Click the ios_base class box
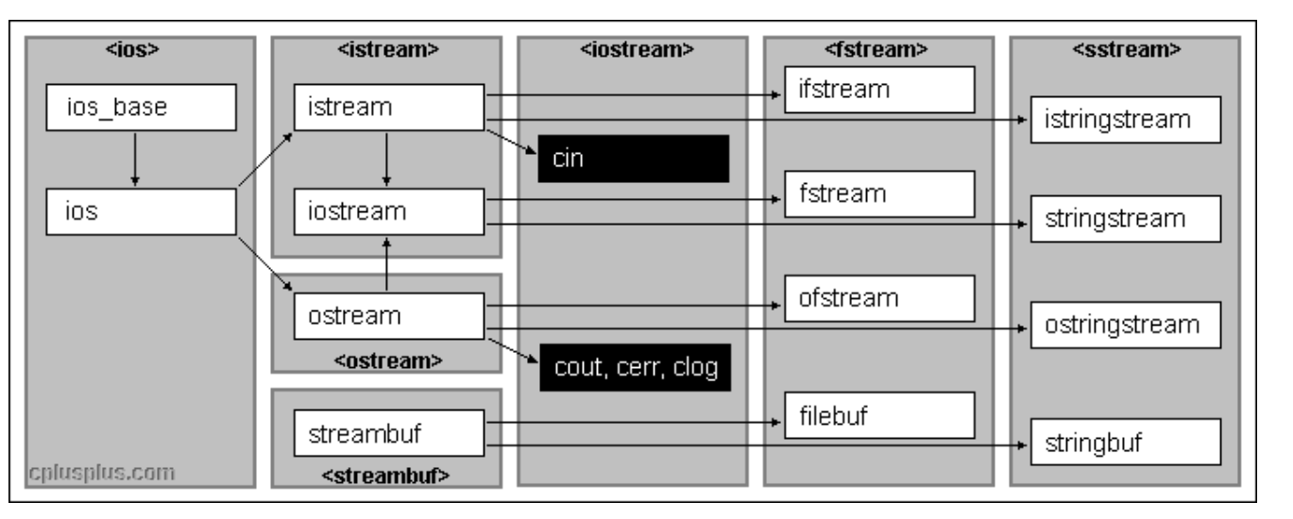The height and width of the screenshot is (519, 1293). pyautogui.click(x=142, y=108)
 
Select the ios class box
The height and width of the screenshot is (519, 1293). pyautogui.click(x=142, y=211)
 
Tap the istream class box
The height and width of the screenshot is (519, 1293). pyautogui.click(x=389, y=108)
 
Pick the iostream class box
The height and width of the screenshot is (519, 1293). pyautogui.click(x=389, y=211)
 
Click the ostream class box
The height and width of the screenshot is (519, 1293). pyautogui.click(x=389, y=316)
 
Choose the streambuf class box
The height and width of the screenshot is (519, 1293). pyautogui.click(x=389, y=433)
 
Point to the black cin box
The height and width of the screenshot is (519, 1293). pyautogui.click(x=633, y=159)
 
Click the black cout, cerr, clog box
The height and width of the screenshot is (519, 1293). pyautogui.click(x=635, y=367)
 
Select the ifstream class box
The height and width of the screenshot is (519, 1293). pyautogui.click(x=879, y=90)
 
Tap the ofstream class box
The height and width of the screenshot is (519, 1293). pyautogui.click(x=879, y=298)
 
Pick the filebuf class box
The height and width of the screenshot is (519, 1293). pyautogui.click(x=879, y=415)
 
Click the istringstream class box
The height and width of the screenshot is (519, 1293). pyautogui.click(x=1126, y=119)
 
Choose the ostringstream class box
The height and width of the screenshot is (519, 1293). pyautogui.click(x=1126, y=325)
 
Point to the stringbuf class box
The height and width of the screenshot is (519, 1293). pyautogui.click(x=1126, y=442)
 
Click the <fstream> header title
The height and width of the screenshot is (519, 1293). pyautogui.click(x=876, y=50)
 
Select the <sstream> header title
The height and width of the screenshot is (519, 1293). pyautogui.click(x=1126, y=50)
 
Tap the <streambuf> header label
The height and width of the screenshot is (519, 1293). pyautogui.click(x=385, y=476)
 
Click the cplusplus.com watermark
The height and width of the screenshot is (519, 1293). pyautogui.click(x=102, y=473)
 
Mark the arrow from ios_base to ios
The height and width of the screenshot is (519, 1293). pyautogui.click(x=135, y=159)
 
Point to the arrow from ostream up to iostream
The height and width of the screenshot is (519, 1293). pyautogui.click(x=386, y=264)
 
